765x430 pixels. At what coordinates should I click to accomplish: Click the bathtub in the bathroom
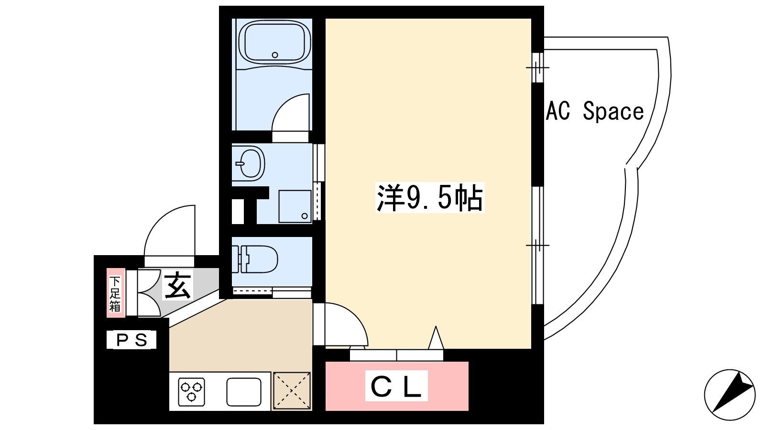275,42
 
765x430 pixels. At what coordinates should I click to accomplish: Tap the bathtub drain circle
275,54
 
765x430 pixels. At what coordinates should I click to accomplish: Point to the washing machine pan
295,206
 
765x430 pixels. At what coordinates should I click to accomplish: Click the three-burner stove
192,391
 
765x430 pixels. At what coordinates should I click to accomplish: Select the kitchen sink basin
244,392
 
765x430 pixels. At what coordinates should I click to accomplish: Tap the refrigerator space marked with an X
292,391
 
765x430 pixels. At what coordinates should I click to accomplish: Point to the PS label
131,340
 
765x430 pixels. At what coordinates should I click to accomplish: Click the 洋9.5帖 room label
430,198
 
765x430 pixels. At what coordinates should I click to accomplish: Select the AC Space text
595,111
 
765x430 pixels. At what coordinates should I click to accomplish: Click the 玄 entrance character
177,285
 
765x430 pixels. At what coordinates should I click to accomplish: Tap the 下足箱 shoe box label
115,293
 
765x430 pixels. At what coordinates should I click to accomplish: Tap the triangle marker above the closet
436,338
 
